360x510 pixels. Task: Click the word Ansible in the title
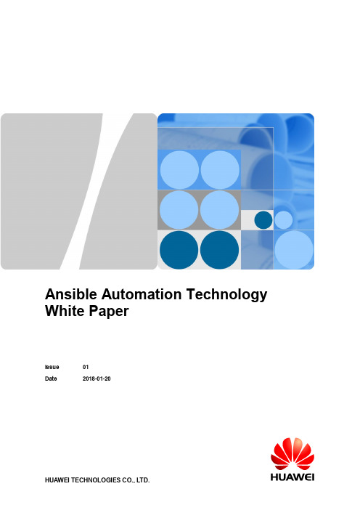point(71,294)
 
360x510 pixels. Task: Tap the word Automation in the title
point(142,294)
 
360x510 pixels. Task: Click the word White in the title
point(65,311)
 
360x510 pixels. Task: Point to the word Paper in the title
point(109,312)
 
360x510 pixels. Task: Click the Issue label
point(52,367)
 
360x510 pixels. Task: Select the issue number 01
point(86,367)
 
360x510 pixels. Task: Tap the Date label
point(51,379)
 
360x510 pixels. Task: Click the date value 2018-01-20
point(97,379)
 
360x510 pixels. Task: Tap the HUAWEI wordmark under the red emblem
point(292,477)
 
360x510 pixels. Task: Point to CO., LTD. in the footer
point(136,480)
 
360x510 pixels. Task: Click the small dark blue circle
point(263,220)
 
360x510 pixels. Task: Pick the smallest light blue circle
point(283,220)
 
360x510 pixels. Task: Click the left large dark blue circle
point(179,250)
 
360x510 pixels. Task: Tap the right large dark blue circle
point(219,250)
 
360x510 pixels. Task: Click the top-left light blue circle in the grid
point(180,170)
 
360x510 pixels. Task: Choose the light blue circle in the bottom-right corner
point(294,250)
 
